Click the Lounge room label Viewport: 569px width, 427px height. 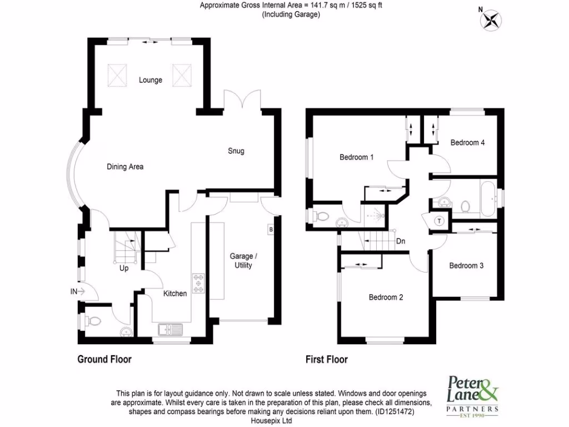(151, 80)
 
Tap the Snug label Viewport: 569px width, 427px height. (236, 151)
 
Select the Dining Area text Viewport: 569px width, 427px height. (125, 167)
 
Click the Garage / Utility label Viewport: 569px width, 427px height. (243, 261)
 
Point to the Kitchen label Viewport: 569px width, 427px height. (175, 294)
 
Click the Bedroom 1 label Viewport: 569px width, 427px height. (356, 157)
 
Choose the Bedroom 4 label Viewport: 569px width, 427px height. (467, 143)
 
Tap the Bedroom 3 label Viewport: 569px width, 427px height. (466, 266)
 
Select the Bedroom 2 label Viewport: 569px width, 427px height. (386, 297)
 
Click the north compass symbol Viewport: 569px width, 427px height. (491, 20)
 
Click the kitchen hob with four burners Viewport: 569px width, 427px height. (198, 284)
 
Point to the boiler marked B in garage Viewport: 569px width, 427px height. (271, 230)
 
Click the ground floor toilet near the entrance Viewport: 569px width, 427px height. (93, 321)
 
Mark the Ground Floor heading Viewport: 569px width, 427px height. (104, 360)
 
